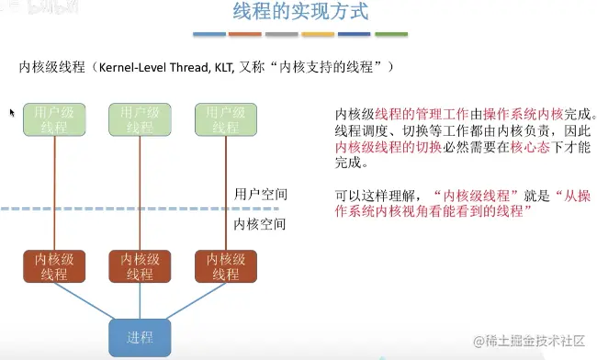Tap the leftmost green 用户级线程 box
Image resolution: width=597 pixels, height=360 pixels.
click(x=53, y=120)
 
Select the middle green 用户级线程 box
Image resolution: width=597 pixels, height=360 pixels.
click(x=140, y=120)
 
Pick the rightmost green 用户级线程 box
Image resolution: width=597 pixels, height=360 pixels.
click(x=225, y=120)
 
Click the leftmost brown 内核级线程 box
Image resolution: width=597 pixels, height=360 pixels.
click(x=53, y=266)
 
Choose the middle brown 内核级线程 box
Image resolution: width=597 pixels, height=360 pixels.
click(x=140, y=266)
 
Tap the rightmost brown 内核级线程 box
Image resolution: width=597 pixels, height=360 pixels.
click(x=225, y=266)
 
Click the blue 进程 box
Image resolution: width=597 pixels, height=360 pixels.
click(x=140, y=337)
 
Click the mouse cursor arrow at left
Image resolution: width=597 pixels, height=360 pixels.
click(x=13, y=112)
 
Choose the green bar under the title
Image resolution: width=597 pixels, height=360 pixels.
click(x=391, y=34)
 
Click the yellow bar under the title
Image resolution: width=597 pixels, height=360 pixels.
click(x=319, y=34)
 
